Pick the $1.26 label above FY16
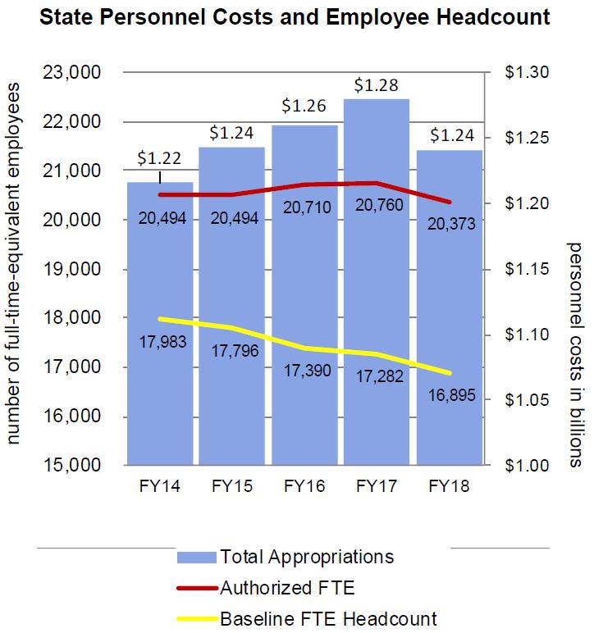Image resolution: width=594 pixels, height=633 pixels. pos(304,106)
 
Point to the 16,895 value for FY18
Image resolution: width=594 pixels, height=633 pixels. pos(449,396)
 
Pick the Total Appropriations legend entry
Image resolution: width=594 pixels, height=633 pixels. pos(307,557)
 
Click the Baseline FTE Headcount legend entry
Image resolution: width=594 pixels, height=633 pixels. pos(328,618)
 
